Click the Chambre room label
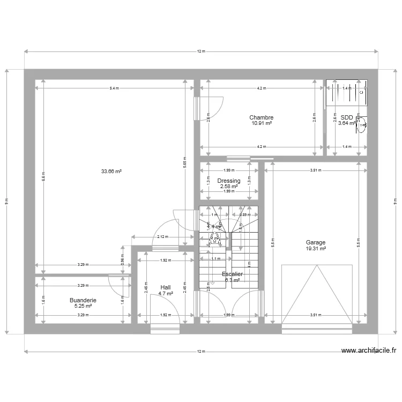[x=261, y=117]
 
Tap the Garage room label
[x=316, y=243]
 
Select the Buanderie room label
[x=83, y=300]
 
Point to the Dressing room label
[x=228, y=181]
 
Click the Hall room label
[x=165, y=287]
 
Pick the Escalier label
[x=233, y=274]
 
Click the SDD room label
[x=346, y=117]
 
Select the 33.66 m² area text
[x=111, y=172]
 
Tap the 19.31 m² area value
[x=316, y=249]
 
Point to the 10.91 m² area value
[x=261, y=123]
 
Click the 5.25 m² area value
[x=83, y=306]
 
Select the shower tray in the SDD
[x=347, y=93]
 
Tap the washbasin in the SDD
[x=363, y=125]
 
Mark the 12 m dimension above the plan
[x=200, y=51]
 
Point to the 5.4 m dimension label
[x=114, y=88]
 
